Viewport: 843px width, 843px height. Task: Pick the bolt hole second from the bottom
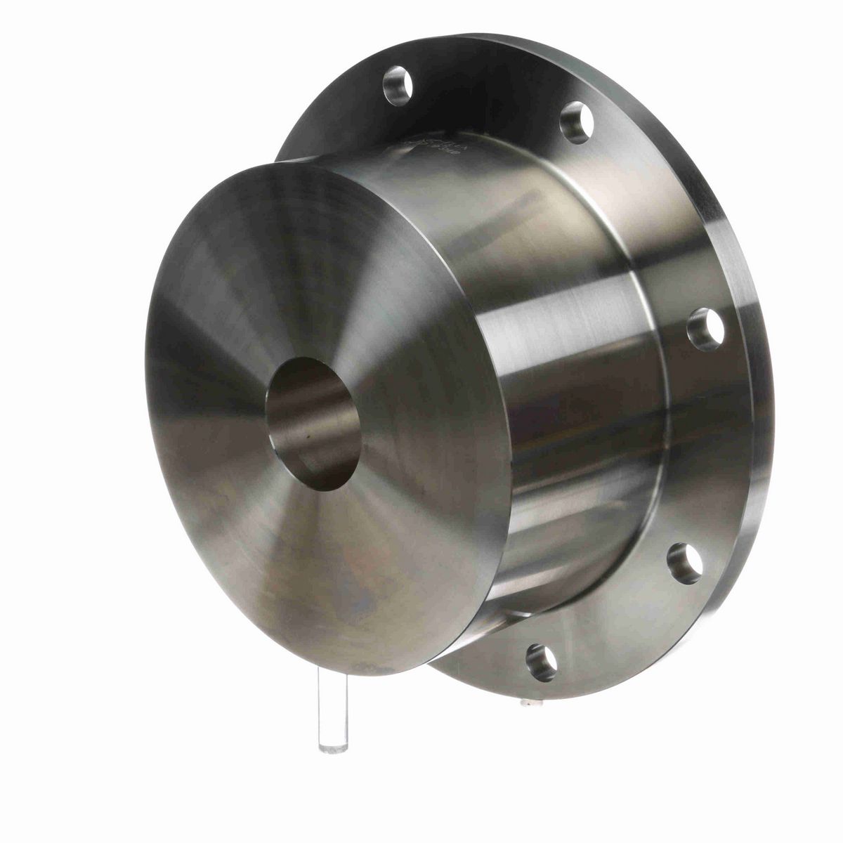tap(684, 563)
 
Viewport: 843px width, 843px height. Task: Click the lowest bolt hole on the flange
tap(541, 660)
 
